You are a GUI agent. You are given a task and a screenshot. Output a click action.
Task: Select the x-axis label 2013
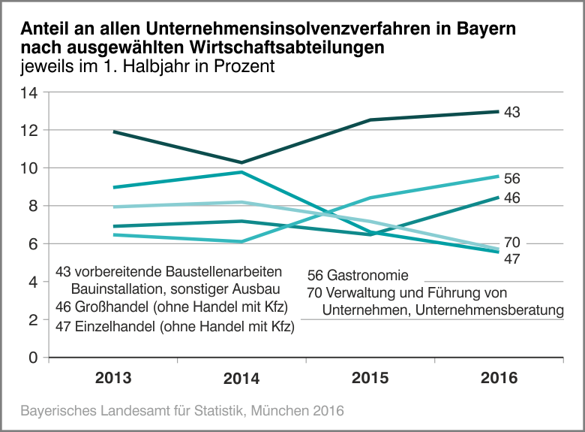[x=113, y=378]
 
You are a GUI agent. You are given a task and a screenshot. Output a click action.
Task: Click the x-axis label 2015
[x=370, y=378]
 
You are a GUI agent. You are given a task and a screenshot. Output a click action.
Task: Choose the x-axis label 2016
[x=499, y=378]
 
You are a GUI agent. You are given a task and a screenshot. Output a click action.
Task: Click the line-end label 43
[x=511, y=113]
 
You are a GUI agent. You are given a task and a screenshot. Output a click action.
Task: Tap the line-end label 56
[x=511, y=179]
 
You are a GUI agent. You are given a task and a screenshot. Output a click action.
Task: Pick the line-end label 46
[x=511, y=198]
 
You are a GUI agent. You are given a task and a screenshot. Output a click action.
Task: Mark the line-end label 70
[x=511, y=243]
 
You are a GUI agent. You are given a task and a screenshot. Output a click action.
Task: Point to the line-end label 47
[x=511, y=258]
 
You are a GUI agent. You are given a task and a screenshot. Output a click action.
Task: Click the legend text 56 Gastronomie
[x=358, y=276]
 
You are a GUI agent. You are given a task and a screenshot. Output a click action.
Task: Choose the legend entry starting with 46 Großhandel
[x=172, y=307]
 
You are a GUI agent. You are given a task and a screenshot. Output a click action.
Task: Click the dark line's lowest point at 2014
[x=241, y=162]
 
